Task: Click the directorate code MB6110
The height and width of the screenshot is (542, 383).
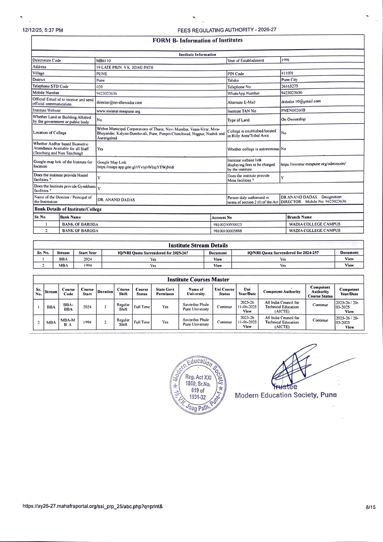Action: click(103, 61)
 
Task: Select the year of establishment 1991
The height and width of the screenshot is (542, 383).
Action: click(285, 60)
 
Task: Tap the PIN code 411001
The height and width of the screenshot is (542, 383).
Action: click(287, 73)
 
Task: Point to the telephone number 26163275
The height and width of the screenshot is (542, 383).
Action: click(289, 86)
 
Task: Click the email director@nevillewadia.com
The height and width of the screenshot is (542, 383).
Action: click(119, 103)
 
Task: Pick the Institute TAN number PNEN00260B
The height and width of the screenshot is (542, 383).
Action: click(293, 110)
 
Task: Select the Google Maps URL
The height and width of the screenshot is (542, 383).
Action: click(136, 167)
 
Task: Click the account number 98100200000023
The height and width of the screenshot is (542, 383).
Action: click(228, 225)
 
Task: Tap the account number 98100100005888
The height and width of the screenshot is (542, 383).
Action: click(228, 231)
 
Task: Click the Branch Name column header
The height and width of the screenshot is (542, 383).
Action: click(299, 217)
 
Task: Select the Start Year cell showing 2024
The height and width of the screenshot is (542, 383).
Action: click(88, 259)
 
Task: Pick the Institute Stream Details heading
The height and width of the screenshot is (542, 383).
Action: click(198, 245)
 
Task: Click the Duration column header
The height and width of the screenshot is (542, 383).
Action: click(105, 292)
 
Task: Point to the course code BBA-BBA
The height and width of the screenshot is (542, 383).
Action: click(68, 307)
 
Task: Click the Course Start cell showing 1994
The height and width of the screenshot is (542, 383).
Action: click(87, 322)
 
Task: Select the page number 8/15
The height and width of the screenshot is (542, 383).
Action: click(370, 507)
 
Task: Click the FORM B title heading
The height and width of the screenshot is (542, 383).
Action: click(197, 40)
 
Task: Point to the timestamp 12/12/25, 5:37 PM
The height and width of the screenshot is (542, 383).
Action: click(43, 30)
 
